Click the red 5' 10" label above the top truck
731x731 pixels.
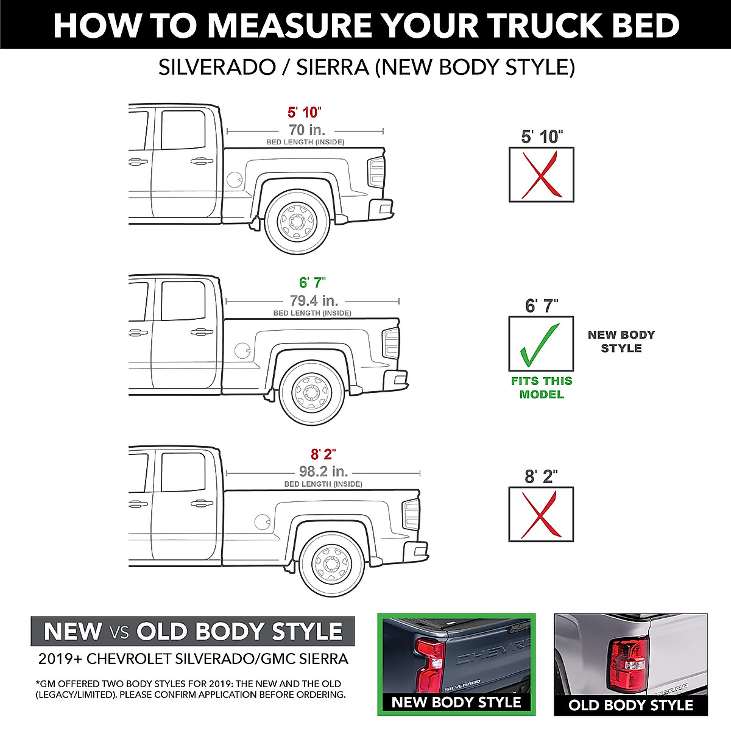click(x=304, y=112)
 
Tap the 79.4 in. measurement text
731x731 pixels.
click(x=314, y=300)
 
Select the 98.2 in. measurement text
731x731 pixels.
click(x=323, y=471)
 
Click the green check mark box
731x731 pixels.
click(x=541, y=344)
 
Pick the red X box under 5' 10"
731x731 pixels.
click(x=541, y=175)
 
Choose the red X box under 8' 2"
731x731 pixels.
click(x=541, y=515)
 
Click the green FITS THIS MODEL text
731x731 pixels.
click(x=542, y=387)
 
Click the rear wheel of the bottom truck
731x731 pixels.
click(x=333, y=563)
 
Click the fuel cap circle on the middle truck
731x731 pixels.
click(x=242, y=350)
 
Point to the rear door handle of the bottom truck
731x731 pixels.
click(x=202, y=503)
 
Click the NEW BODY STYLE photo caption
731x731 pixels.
click(x=456, y=702)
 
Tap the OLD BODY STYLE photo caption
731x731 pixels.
click(x=630, y=705)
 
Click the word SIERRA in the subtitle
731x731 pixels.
click(x=333, y=67)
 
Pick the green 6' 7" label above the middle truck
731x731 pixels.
click(x=312, y=283)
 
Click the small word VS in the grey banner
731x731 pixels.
click(x=119, y=632)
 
